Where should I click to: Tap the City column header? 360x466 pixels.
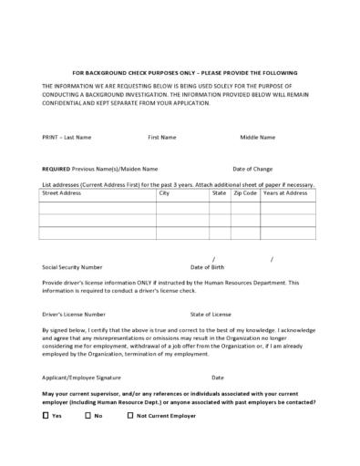coord(164,193)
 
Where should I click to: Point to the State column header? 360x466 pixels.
coord(219,193)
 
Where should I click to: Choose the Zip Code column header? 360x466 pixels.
coord(245,193)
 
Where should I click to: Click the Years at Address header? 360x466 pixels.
coord(285,193)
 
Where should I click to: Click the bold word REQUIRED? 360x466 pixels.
coord(57,169)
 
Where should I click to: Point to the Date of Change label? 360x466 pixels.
coord(252,169)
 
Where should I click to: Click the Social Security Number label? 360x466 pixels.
coord(72,267)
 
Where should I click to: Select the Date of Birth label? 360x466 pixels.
coord(208,267)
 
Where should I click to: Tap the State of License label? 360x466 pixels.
coord(211,313)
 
